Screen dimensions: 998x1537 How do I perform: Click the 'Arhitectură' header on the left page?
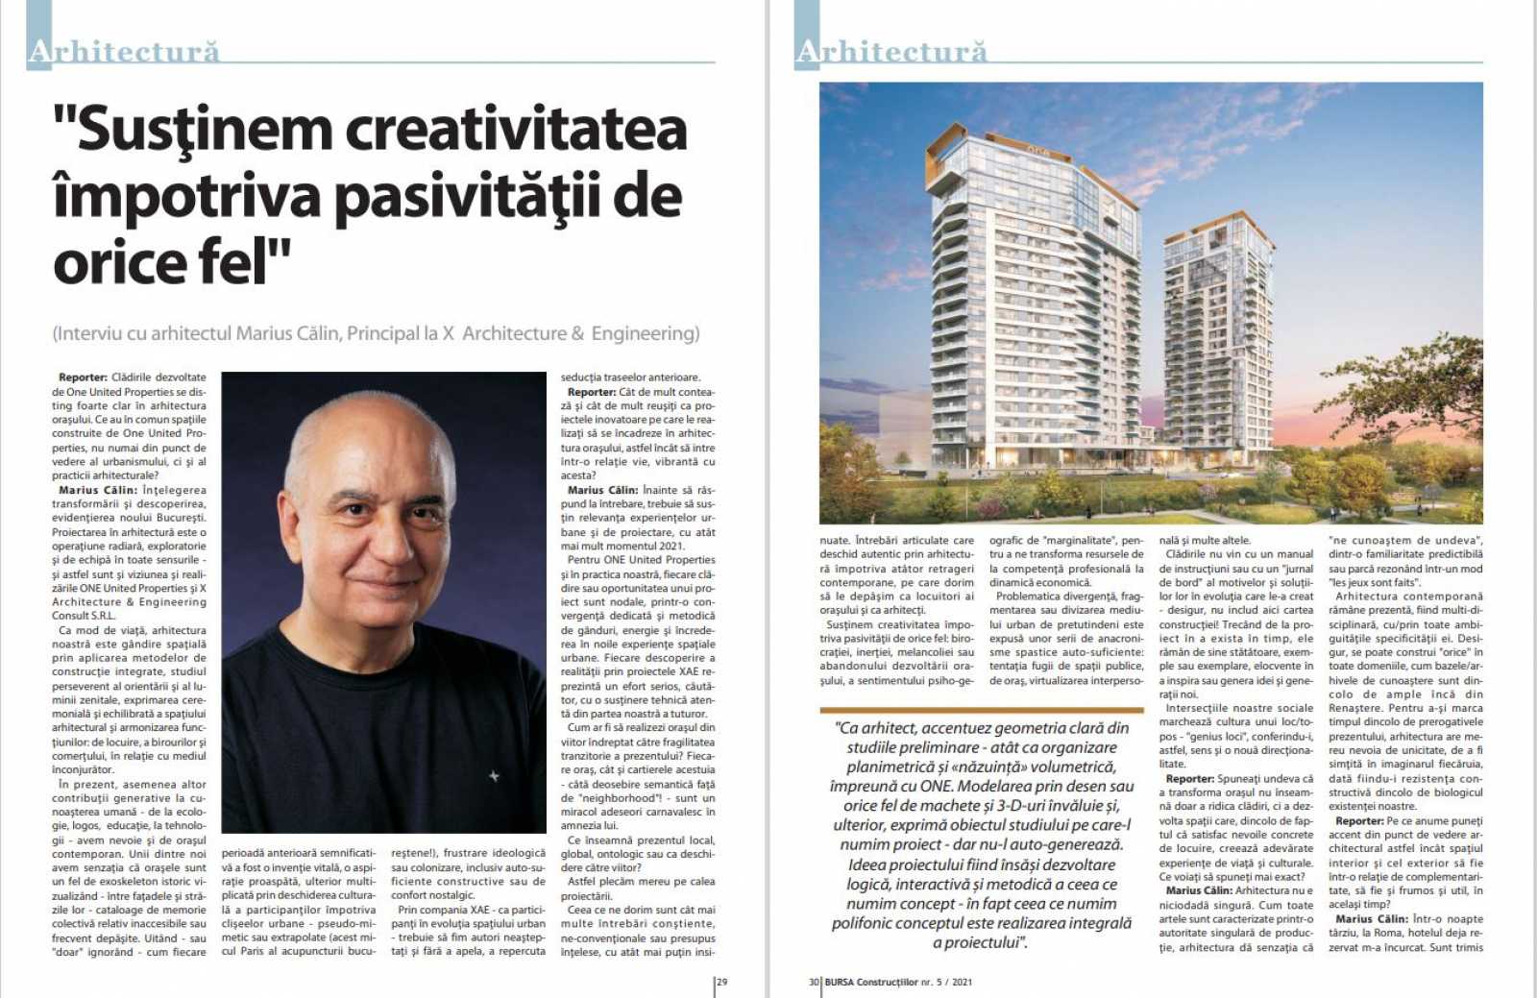[124, 51]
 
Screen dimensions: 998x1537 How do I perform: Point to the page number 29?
[722, 982]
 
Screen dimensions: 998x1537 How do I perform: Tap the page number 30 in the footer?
[814, 982]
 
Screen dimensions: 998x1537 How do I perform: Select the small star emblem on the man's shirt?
[494, 775]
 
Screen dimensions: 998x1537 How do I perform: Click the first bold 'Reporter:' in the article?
[83, 377]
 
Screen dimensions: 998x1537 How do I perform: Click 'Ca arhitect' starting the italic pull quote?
[875, 728]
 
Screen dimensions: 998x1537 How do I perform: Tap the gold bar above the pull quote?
[981, 710]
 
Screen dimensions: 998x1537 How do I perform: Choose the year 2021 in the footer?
[962, 982]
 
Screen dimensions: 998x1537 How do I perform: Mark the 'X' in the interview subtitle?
[448, 333]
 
